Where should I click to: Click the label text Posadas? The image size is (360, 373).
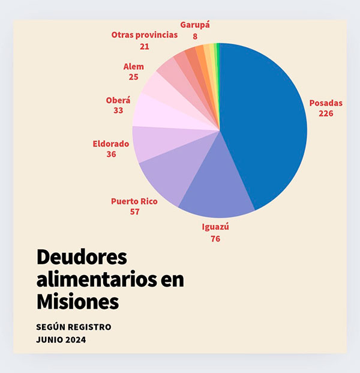(326, 103)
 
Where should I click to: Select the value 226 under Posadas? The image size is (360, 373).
(326, 114)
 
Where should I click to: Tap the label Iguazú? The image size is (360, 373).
(215, 228)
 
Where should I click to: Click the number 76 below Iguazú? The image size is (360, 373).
(215, 238)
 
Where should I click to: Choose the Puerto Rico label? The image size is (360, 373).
(134, 201)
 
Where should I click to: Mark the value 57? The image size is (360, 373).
(134, 211)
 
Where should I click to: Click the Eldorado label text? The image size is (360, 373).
(111, 144)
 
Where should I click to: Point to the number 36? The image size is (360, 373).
(111, 154)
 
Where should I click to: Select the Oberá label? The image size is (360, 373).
(118, 100)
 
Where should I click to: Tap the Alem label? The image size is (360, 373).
(133, 67)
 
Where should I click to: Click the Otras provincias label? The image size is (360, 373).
(145, 35)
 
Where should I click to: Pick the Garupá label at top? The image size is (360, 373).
(195, 25)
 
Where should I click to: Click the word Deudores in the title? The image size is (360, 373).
(82, 257)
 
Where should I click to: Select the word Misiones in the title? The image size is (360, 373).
(77, 301)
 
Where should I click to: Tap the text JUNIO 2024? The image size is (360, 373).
(61, 340)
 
